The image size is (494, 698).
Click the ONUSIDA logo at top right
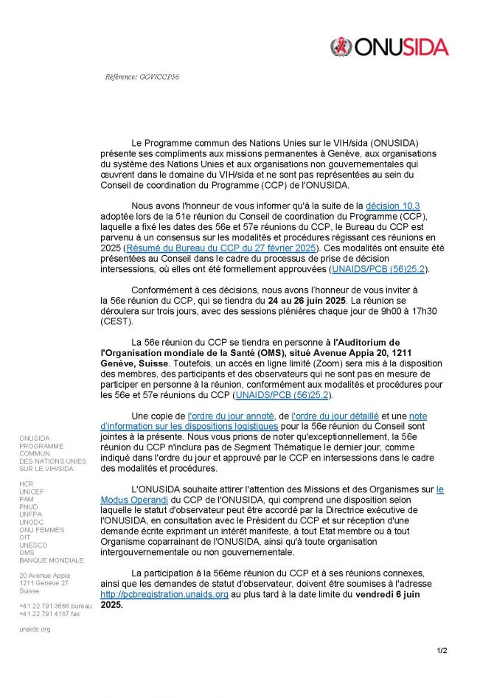(x=389, y=47)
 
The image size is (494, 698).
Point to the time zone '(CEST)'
(x=116, y=321)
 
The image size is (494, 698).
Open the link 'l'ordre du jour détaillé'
(x=335, y=416)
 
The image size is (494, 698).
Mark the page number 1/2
(x=442, y=650)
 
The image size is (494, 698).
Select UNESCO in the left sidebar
(x=34, y=545)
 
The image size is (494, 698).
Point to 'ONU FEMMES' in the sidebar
(x=42, y=529)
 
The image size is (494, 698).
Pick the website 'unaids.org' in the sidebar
(x=35, y=629)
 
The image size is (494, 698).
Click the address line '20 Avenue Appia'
(x=44, y=575)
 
